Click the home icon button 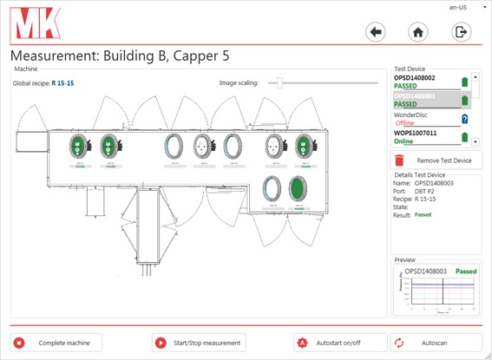[418, 32]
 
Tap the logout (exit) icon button [461, 32]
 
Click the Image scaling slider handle [279, 83]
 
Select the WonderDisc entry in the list [416, 115]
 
